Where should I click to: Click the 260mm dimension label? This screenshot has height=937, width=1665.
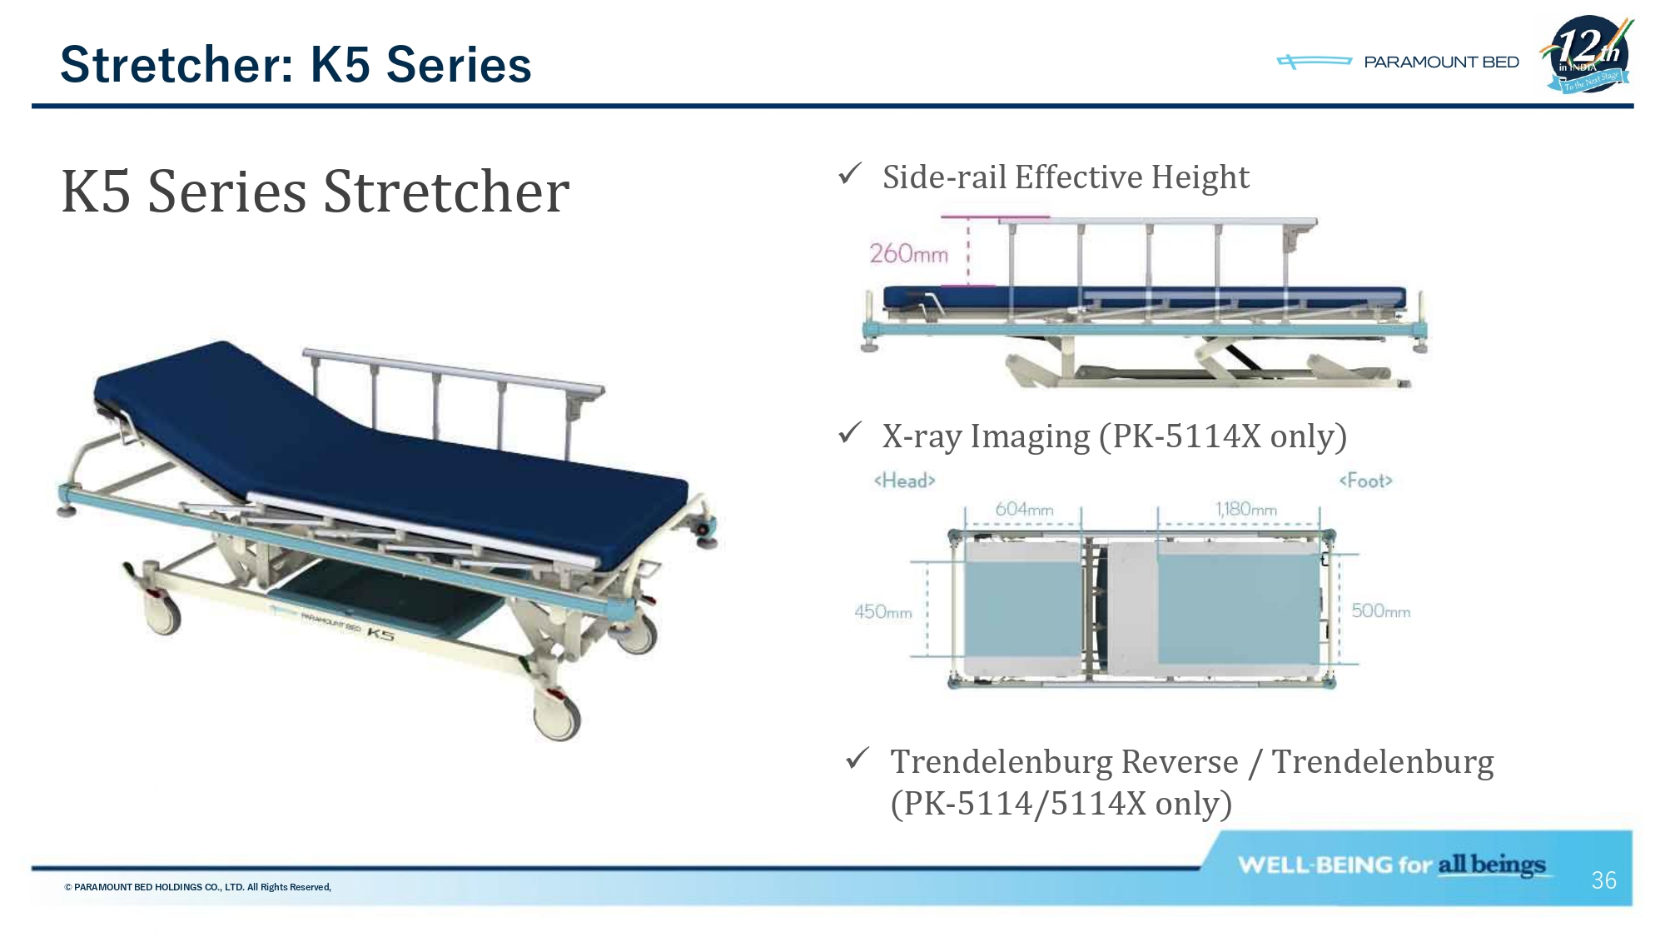(x=908, y=253)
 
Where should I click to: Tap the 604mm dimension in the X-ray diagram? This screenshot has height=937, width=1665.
(x=1024, y=509)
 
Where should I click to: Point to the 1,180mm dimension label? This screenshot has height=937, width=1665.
(x=1246, y=509)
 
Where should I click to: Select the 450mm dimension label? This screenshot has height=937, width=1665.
(x=883, y=612)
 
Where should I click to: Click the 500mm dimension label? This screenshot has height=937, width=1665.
(x=1381, y=611)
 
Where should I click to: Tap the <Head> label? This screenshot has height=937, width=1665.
(x=905, y=481)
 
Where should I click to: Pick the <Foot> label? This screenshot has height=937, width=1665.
(x=1365, y=481)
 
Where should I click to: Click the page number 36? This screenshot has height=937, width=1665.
(x=1603, y=880)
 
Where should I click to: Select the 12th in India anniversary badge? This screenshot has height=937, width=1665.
(x=1588, y=54)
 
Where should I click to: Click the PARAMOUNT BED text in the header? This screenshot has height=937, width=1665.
(x=1441, y=62)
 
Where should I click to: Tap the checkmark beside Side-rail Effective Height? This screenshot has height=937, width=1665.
(x=850, y=174)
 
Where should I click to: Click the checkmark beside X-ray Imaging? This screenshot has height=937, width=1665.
(x=850, y=432)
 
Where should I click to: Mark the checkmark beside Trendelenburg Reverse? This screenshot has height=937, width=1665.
(x=857, y=758)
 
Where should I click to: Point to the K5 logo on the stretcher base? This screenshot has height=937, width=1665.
(x=380, y=634)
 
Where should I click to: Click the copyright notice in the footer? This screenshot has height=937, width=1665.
(x=198, y=887)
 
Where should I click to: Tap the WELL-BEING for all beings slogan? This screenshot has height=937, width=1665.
(x=1391, y=865)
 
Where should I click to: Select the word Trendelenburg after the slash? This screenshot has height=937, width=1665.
(x=1383, y=762)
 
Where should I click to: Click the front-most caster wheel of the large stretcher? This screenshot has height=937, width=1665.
(x=556, y=717)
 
